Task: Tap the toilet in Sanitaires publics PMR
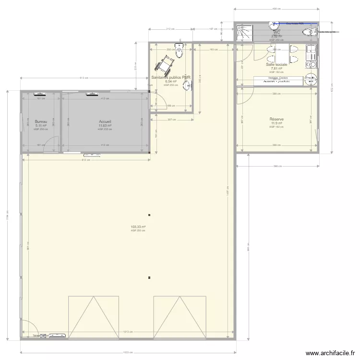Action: coord(179,50)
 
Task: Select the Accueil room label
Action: coord(105,122)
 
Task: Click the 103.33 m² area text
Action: coord(138,227)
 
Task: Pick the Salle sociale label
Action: coord(276,64)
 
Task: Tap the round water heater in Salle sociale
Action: coord(311,80)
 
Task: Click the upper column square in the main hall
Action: coord(150,215)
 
